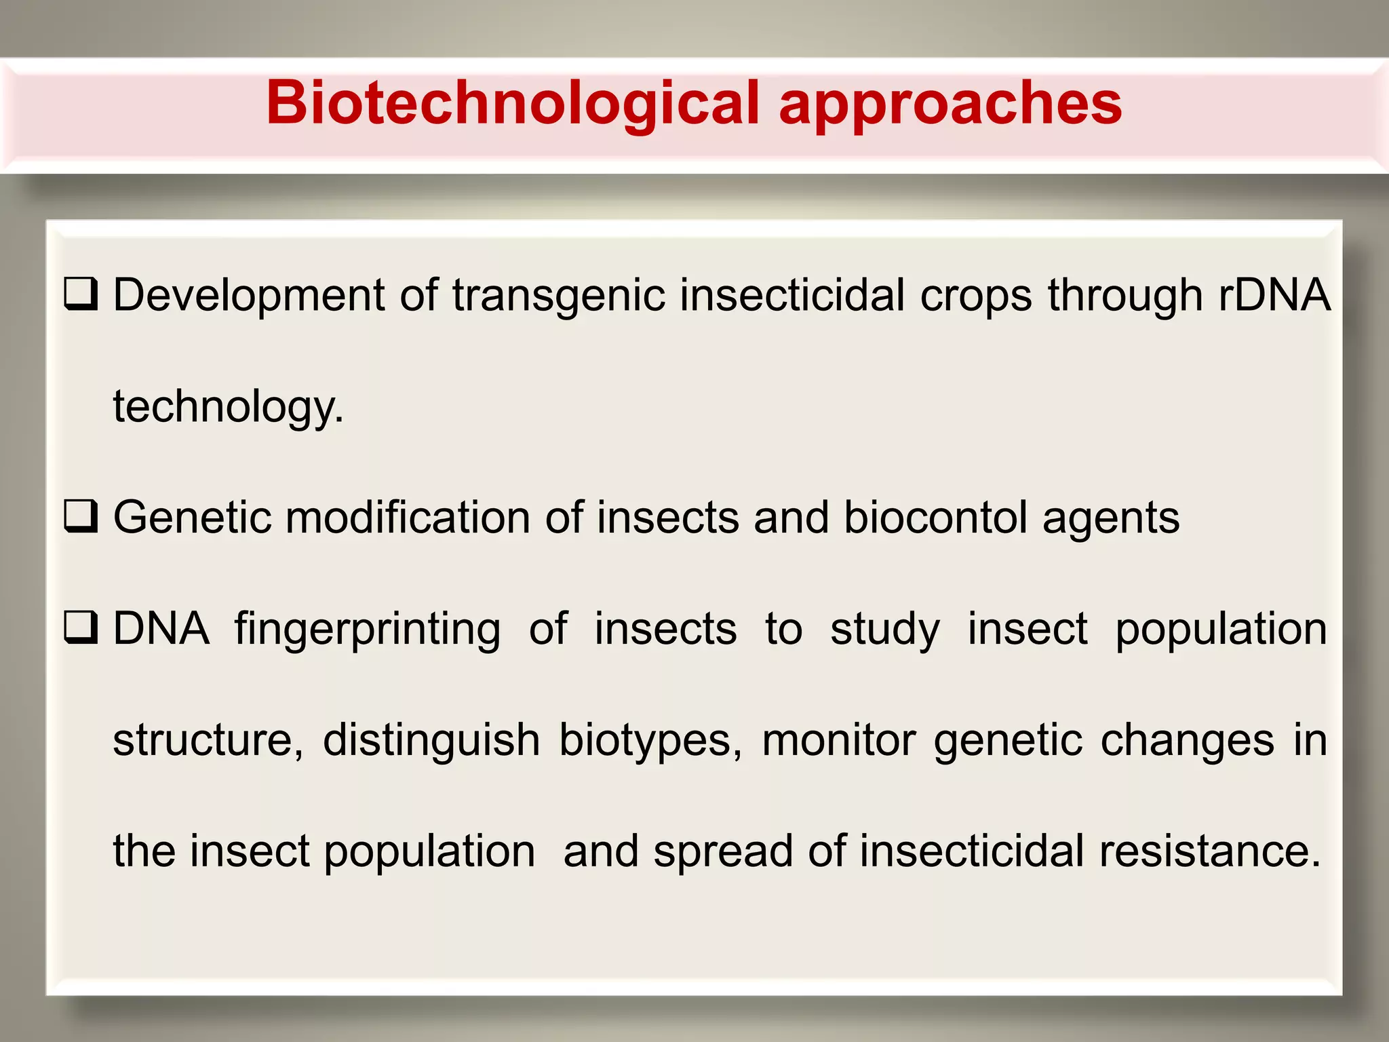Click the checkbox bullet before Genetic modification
[81, 517]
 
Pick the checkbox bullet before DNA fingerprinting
[81, 628]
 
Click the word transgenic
[559, 296]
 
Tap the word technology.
[228, 407]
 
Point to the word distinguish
[431, 740]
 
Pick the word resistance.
[1210, 851]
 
